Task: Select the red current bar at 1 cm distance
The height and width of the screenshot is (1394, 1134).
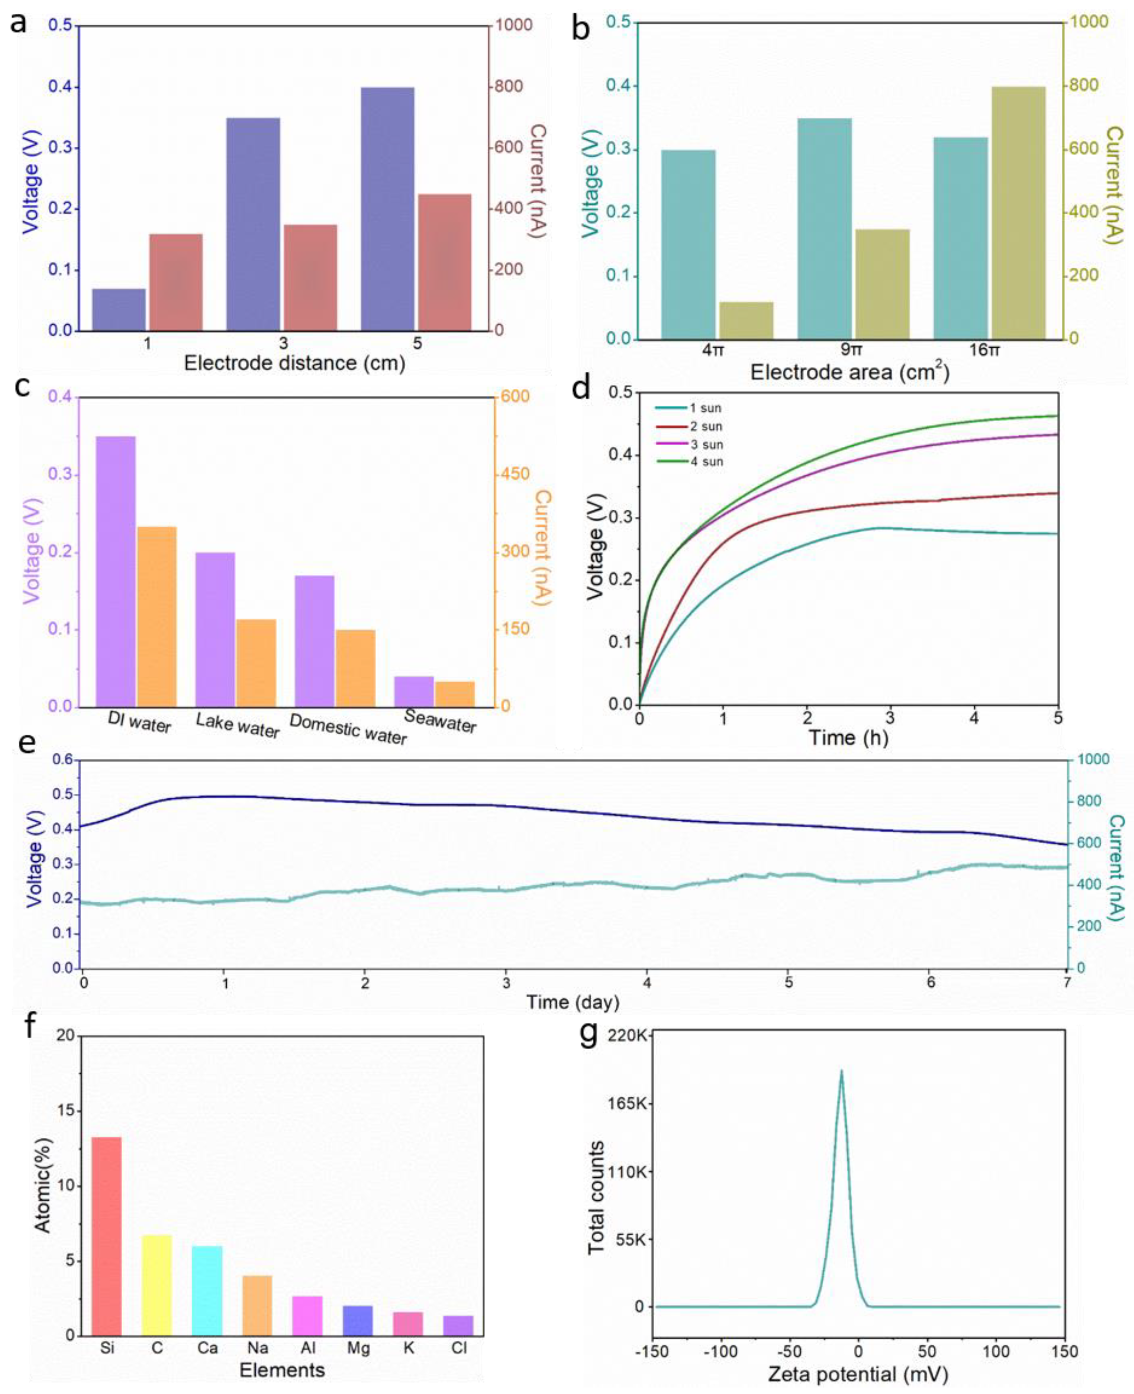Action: point(176,282)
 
